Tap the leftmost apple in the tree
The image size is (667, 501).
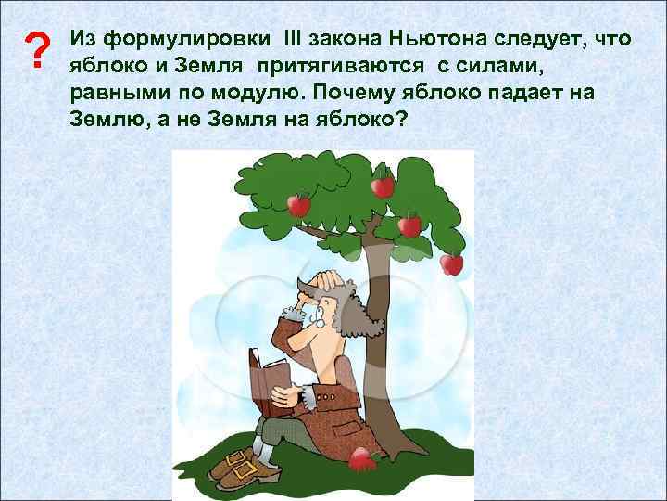click(298, 203)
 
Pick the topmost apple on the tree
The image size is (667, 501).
click(382, 186)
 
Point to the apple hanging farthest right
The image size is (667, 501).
click(451, 263)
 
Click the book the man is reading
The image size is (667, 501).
click(269, 380)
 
